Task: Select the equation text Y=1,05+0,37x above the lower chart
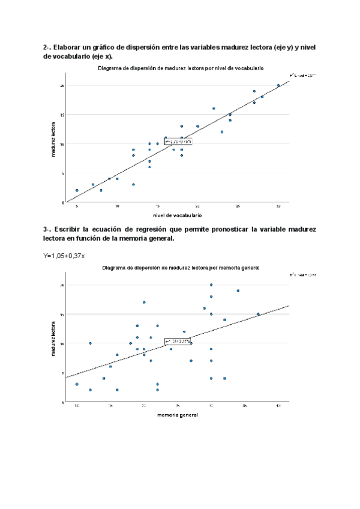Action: click(x=64, y=255)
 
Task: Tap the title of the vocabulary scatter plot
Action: click(x=181, y=68)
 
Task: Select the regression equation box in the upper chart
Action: click(x=178, y=142)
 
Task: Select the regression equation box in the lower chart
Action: click(x=178, y=342)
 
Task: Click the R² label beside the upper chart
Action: click(x=298, y=75)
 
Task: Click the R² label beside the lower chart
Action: click(x=298, y=274)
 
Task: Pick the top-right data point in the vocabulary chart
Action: click(x=278, y=85)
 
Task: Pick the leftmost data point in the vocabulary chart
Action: click(x=77, y=190)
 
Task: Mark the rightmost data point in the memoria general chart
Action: click(x=258, y=314)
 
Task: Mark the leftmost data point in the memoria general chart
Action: click(x=77, y=384)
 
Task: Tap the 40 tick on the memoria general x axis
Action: click(x=278, y=406)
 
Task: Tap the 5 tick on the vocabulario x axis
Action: click(x=77, y=206)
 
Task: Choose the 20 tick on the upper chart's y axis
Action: click(x=62, y=86)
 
